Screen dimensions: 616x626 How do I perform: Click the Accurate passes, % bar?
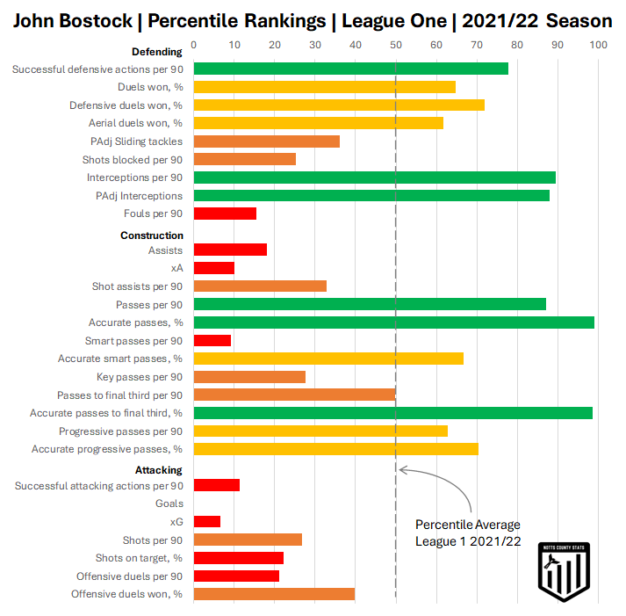click(x=393, y=322)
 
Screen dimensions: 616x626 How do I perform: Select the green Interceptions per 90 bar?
click(x=374, y=178)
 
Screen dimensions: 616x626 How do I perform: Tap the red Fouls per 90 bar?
click(x=225, y=214)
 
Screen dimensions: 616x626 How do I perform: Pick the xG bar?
click(x=207, y=521)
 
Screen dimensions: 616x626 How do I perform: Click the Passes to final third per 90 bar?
click(x=294, y=395)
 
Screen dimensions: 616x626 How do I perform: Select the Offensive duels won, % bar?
click(x=274, y=594)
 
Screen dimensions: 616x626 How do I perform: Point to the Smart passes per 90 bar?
click(x=212, y=340)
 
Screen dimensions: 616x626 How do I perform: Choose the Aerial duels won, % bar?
click(x=318, y=123)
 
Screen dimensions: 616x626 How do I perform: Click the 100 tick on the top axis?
click(x=597, y=45)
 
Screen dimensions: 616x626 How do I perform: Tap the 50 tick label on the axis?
click(x=395, y=45)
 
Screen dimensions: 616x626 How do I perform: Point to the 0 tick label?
click(x=193, y=45)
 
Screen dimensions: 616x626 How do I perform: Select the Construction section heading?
click(x=152, y=236)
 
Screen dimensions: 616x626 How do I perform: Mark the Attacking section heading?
click(x=159, y=470)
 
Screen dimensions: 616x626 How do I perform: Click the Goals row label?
click(x=169, y=504)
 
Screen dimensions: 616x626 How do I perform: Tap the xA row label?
click(x=177, y=267)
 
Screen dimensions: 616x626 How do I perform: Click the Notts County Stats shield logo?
click(x=563, y=572)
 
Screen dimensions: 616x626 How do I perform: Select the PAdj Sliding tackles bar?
click(x=266, y=141)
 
